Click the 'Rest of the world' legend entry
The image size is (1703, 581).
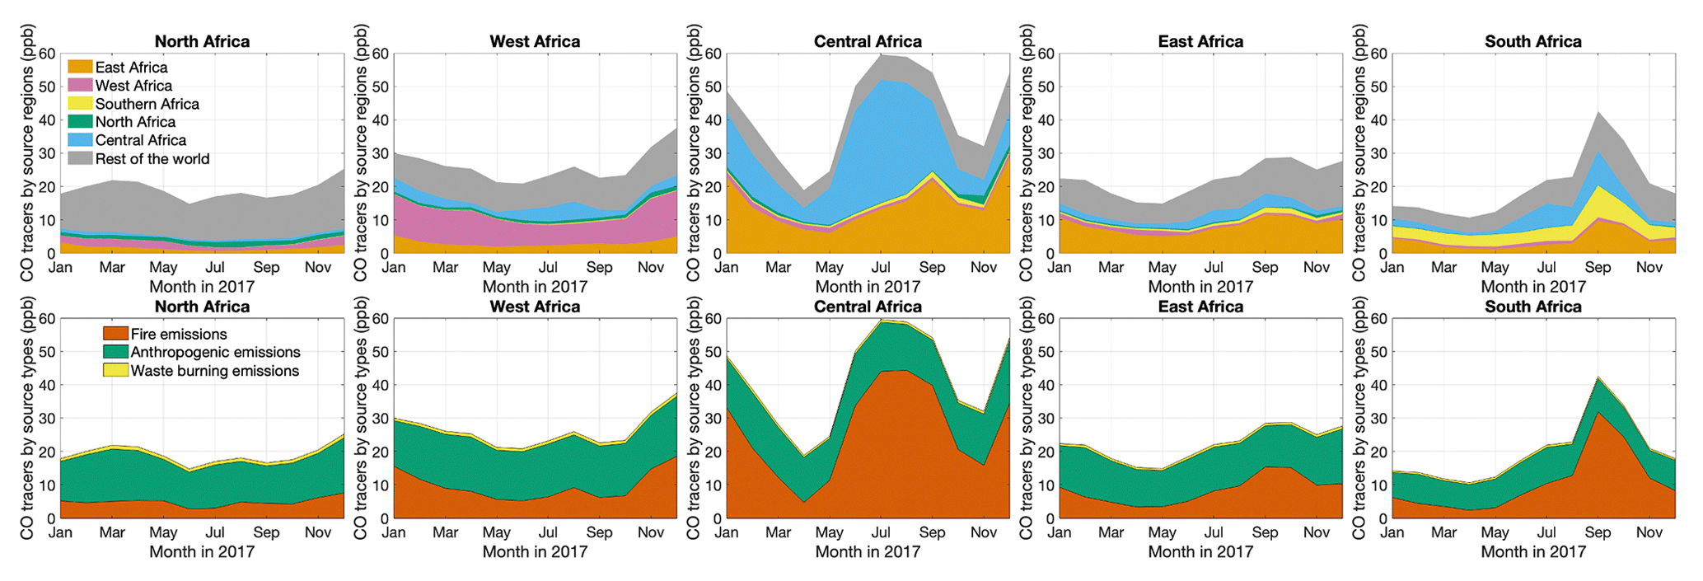[x=152, y=159]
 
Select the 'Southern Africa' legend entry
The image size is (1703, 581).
[x=147, y=104]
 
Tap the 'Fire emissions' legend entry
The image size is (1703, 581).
[x=178, y=334]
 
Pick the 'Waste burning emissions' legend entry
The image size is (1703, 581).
[x=214, y=371]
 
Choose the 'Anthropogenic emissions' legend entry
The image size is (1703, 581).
[x=215, y=352]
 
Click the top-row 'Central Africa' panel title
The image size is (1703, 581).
[x=868, y=41]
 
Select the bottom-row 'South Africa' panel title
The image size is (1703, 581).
[x=1532, y=307]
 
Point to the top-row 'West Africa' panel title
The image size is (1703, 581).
[x=535, y=41]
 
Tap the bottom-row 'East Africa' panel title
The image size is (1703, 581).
[x=1200, y=307]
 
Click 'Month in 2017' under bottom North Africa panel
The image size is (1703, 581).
[x=202, y=551]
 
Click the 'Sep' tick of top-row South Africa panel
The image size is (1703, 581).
[x=1598, y=267]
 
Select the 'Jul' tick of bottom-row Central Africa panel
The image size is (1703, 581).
[x=881, y=532]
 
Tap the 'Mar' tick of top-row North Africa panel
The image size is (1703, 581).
[x=112, y=267]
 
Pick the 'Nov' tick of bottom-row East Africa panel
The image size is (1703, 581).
[x=1317, y=532]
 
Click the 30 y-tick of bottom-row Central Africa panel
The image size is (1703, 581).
[x=712, y=419]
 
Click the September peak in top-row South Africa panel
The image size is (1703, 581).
[x=1598, y=112]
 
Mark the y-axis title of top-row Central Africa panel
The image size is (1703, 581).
[x=694, y=153]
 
